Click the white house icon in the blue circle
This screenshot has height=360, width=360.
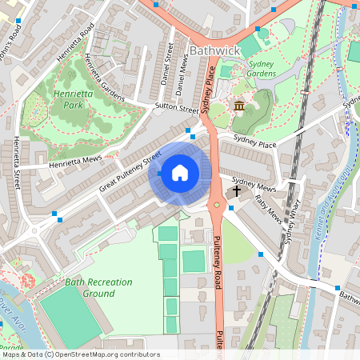[180, 172]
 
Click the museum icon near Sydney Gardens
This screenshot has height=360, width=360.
[238, 106]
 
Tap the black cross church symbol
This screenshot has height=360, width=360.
[236, 192]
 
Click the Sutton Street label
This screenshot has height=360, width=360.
[177, 108]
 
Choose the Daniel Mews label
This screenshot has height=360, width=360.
[182, 73]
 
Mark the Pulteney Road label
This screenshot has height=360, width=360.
[217, 262]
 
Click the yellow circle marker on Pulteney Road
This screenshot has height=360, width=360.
[216, 205]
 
